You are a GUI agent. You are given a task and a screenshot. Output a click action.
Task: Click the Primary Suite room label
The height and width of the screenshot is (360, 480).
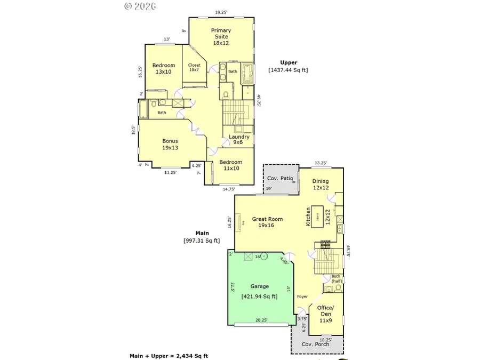220,37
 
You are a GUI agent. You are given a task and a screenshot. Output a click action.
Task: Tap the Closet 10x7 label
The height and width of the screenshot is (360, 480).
194,67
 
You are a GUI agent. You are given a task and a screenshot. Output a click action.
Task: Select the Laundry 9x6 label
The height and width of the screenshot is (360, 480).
239,140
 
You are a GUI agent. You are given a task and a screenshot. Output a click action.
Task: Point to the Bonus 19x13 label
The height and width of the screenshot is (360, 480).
170,145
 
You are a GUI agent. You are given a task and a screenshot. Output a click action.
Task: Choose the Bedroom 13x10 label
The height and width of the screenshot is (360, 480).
163,68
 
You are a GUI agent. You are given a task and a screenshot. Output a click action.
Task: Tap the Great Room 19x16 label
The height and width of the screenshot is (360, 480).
267,222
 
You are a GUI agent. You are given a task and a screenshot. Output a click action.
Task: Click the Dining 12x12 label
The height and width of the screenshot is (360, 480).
321,185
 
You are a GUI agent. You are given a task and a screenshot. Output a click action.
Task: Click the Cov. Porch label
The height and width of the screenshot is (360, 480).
316,344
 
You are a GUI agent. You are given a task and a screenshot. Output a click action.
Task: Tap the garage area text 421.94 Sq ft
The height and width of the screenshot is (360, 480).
259,297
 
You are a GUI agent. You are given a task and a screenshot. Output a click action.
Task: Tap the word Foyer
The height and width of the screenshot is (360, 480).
302,297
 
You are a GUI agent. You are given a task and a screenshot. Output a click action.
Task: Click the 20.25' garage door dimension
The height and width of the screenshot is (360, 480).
261,321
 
